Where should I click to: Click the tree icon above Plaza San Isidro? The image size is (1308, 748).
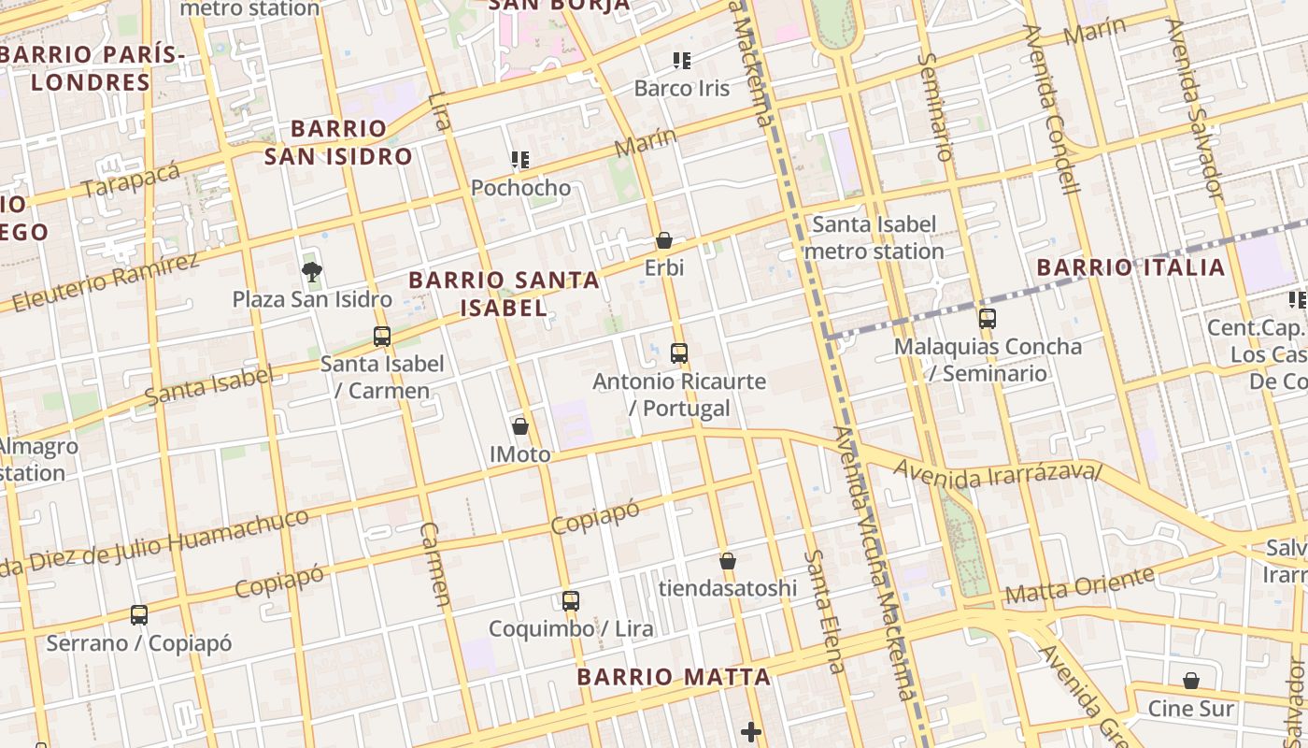click(311, 272)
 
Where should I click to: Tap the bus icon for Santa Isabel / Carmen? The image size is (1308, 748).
click(381, 337)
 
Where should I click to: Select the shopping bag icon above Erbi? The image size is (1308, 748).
click(664, 241)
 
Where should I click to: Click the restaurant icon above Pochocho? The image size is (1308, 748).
click(520, 160)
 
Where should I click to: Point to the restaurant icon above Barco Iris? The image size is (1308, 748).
click(682, 61)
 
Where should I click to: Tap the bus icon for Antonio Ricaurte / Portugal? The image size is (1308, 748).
click(679, 353)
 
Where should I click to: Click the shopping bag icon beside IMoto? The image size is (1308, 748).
click(520, 426)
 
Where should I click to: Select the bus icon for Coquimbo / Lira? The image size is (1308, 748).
click(570, 601)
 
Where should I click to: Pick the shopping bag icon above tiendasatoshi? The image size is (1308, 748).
click(728, 561)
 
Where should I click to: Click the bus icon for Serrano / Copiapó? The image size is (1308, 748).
click(139, 615)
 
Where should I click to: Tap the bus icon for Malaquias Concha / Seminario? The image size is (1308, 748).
click(988, 318)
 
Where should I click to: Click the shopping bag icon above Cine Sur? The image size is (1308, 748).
click(1191, 681)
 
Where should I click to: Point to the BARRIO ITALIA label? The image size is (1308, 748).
click(1130, 267)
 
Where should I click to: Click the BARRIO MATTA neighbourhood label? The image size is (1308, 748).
click(674, 677)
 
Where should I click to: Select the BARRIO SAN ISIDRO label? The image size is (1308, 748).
click(338, 142)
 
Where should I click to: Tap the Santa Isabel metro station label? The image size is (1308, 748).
click(874, 237)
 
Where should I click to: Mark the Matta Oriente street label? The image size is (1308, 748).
click(1079, 585)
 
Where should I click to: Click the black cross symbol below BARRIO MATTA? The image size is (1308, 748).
click(751, 732)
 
